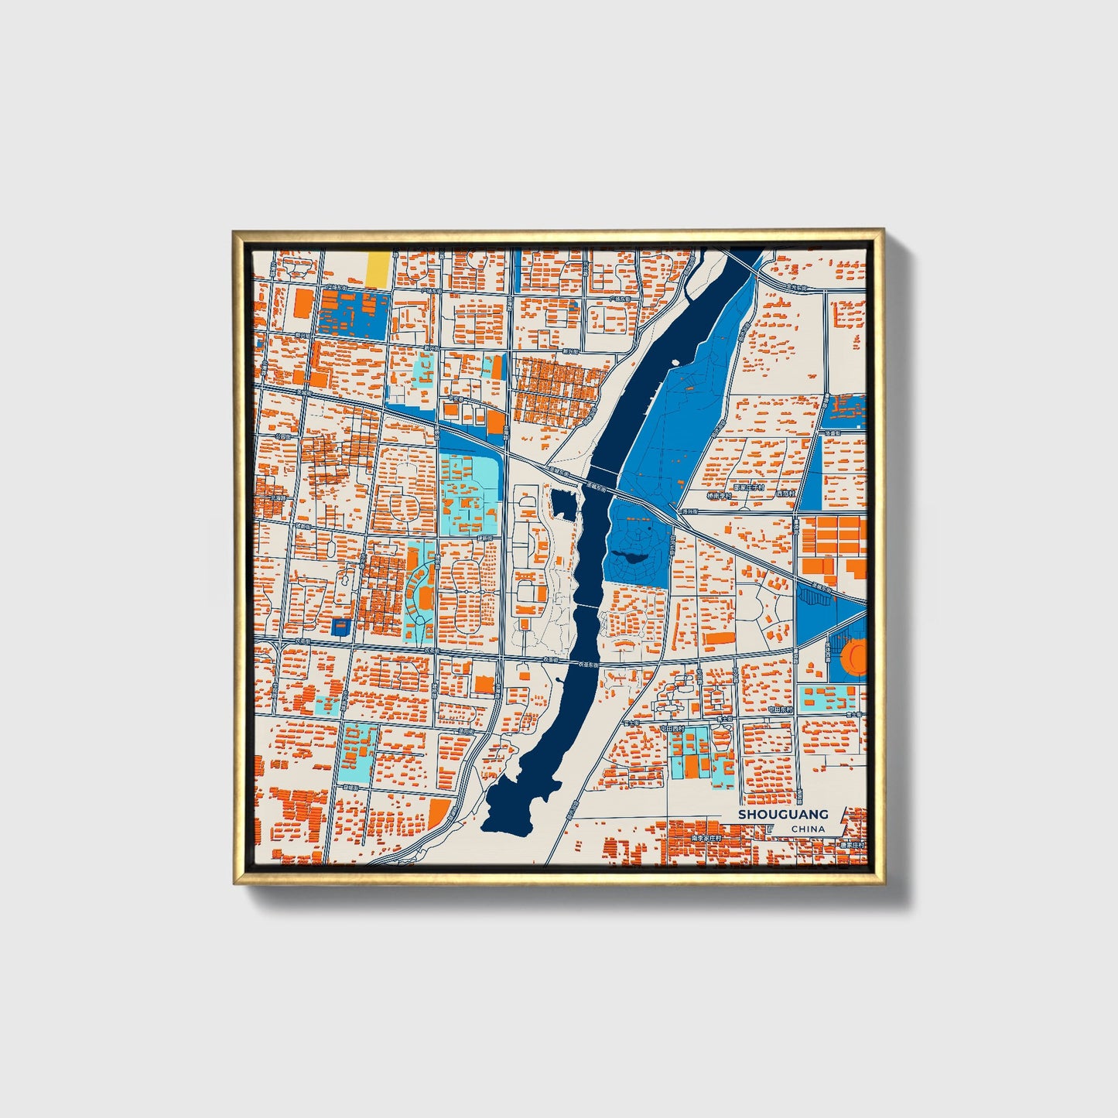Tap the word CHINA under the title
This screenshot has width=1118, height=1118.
pyautogui.click(x=808, y=829)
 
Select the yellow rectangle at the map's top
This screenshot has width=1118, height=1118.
pyautogui.click(x=378, y=268)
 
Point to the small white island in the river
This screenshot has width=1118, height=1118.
pyautogui.click(x=675, y=361)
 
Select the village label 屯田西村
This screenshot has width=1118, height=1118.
pyautogui.click(x=672, y=728)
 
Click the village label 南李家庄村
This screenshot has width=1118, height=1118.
pyautogui.click(x=706, y=838)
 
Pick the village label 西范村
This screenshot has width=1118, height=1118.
pyautogui.click(x=785, y=493)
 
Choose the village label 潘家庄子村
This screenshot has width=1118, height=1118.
pyautogui.click(x=748, y=488)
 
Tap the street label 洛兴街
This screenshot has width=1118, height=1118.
pyautogui.click(x=686, y=511)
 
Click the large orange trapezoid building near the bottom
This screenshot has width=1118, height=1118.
pyautogui.click(x=439, y=812)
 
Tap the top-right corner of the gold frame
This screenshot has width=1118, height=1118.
pyautogui.click(x=884, y=230)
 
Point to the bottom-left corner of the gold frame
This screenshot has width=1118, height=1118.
pyautogui.click(x=234, y=884)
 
